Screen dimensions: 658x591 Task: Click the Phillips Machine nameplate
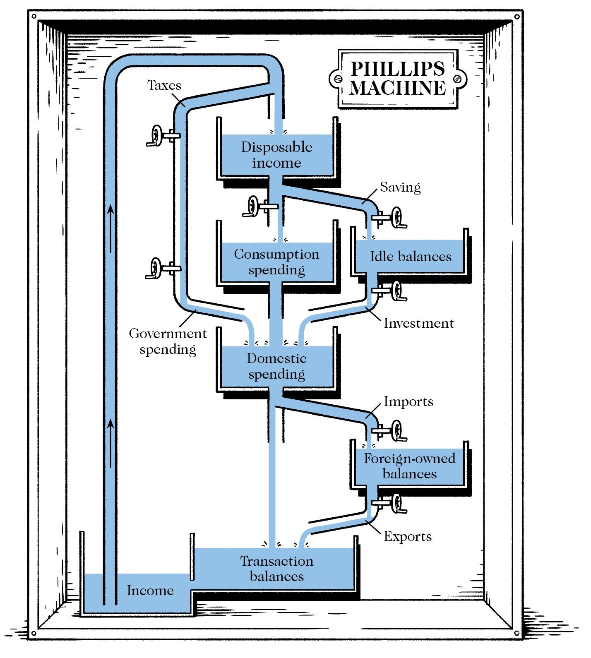coord(398,79)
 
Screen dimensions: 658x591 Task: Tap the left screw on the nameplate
coord(337,79)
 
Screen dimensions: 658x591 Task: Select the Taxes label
coord(164,85)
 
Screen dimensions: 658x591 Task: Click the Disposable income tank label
coord(276,155)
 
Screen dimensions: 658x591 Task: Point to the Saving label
coord(400,187)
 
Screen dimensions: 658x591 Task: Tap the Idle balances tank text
coord(410,256)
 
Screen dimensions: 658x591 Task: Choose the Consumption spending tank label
coord(276,262)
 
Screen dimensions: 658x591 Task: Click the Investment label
coord(418,323)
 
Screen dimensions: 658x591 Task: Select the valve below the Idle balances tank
coord(396,291)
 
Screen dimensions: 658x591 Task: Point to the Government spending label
coord(168,341)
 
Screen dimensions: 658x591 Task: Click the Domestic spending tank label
coord(276,366)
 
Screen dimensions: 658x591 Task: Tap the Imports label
coord(408,401)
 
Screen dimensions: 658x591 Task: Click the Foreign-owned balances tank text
coord(409,466)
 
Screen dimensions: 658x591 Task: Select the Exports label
coord(407,536)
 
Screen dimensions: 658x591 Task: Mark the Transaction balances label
coord(276,568)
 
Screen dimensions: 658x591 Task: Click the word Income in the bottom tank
coord(150,590)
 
